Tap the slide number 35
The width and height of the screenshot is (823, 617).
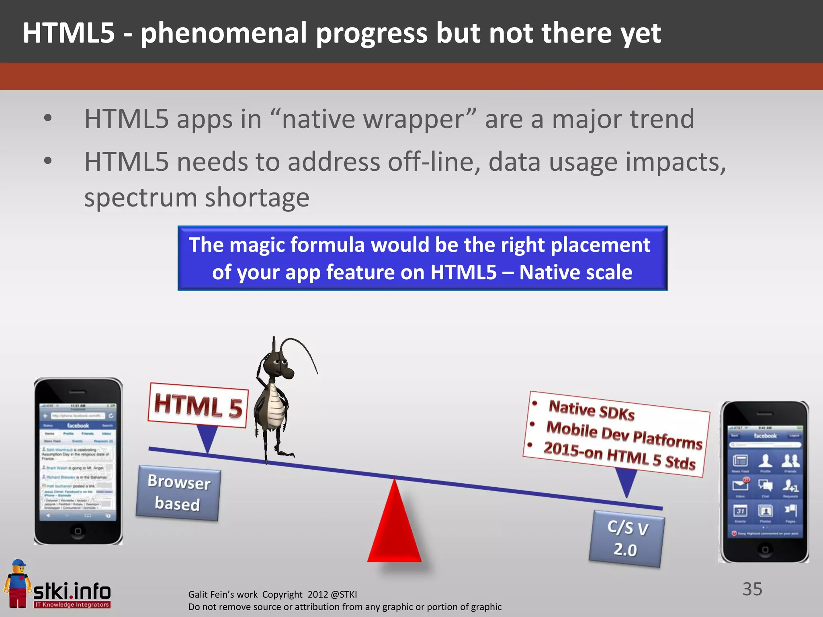752,589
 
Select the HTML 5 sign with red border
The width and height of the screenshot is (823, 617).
198,406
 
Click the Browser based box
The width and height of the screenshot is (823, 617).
178,493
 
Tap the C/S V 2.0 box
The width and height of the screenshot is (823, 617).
626,539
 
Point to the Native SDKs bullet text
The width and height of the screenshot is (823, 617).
592,410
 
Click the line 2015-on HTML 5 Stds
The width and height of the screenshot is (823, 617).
619,456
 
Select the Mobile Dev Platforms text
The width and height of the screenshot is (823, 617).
624,435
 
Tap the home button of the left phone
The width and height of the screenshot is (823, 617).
78,531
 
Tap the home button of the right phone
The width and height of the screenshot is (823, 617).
765,549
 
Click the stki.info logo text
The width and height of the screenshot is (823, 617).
72,591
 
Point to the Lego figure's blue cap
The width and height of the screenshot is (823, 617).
18,563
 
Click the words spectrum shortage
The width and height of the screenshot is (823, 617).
197,198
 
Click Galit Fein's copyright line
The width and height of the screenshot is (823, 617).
272,594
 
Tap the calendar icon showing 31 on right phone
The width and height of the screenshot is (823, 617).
740,511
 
